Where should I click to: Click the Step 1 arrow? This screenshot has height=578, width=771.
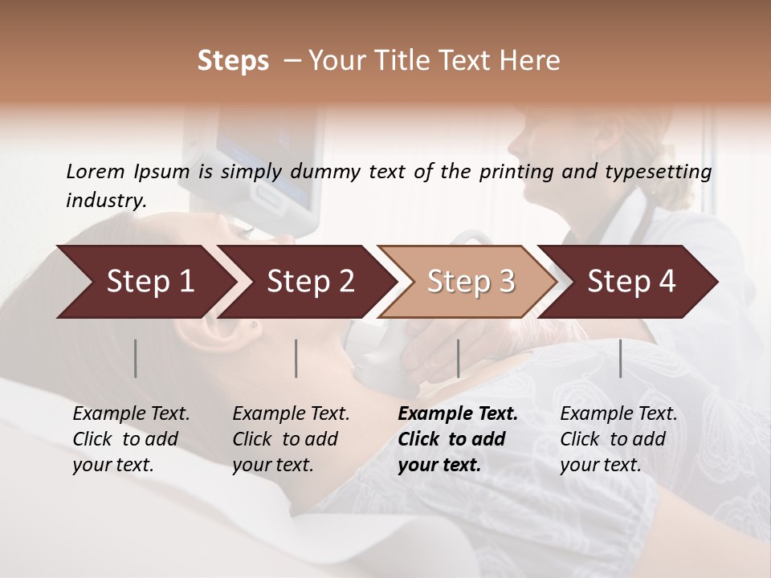click(145, 282)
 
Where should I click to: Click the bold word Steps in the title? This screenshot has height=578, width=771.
click(233, 60)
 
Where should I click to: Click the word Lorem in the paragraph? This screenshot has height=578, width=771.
click(96, 171)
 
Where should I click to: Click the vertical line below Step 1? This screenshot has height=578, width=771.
click(136, 358)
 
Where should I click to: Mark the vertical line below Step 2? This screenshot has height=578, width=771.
click(296, 358)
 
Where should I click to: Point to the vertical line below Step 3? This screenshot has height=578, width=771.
click(458, 358)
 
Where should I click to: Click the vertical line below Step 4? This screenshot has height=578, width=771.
click(620, 358)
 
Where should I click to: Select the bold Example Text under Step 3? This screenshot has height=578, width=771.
click(458, 414)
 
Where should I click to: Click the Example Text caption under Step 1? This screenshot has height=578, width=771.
click(131, 414)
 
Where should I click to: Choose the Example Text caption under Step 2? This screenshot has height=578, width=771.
click(291, 414)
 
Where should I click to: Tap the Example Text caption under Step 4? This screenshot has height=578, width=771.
click(618, 414)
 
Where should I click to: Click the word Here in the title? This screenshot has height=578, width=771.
click(533, 60)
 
